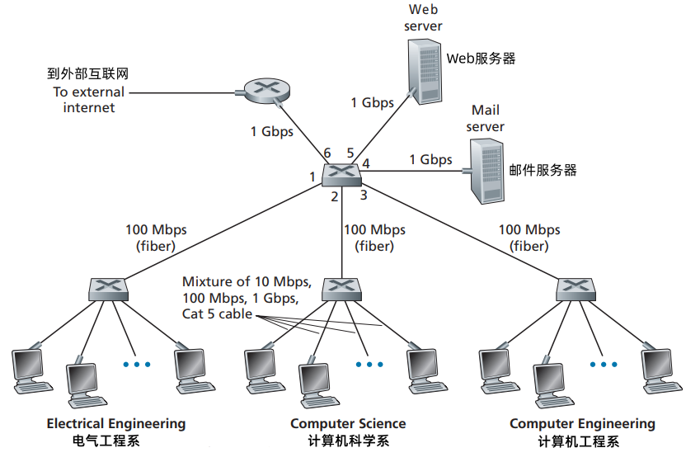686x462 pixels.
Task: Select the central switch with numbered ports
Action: (341, 174)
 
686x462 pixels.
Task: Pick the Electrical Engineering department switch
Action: (109, 288)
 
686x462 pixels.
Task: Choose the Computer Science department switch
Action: (341, 288)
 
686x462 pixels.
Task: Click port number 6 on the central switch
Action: (327, 153)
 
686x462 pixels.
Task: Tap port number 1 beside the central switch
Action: (312, 176)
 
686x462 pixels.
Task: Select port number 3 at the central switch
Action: (363, 196)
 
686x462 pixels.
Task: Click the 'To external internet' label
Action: (88, 100)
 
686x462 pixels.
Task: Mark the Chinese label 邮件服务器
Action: (543, 171)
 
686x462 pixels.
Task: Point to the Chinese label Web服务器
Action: (481, 59)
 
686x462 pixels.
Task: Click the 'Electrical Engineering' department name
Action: (116, 423)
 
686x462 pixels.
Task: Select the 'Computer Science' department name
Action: (348, 423)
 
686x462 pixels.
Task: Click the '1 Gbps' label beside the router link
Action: (271, 131)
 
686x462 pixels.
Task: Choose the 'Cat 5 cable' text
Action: (216, 314)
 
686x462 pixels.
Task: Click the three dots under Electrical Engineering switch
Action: (137, 363)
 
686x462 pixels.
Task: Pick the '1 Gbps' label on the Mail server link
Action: (430, 159)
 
